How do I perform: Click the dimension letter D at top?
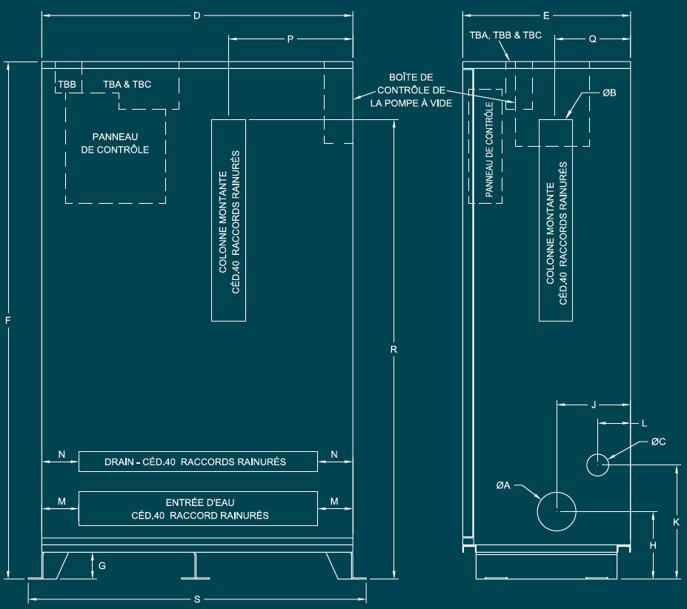[196, 16]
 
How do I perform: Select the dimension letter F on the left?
[8, 320]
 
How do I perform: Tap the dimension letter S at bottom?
[197, 599]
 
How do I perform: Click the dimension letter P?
[290, 39]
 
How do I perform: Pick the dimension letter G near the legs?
[102, 565]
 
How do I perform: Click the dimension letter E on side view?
[546, 16]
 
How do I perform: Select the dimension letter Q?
[592, 39]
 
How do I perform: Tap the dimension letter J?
[594, 405]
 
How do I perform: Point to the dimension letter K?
[676, 522]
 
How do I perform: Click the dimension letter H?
[653, 545]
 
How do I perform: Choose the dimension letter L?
[644, 424]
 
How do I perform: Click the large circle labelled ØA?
[557, 510]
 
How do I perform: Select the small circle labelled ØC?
[597, 465]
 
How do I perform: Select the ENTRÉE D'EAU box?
[197, 508]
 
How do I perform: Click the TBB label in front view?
[67, 84]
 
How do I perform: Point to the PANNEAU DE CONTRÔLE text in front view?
[115, 143]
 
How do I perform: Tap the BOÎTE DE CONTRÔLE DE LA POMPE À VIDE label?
[411, 90]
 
